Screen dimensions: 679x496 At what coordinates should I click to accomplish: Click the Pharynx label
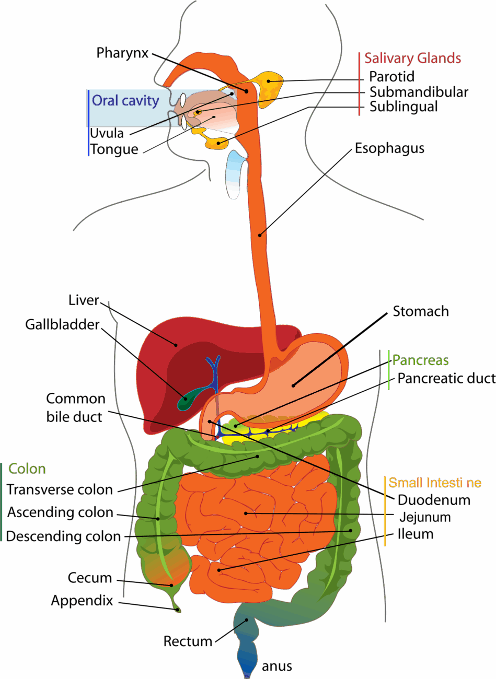(122, 53)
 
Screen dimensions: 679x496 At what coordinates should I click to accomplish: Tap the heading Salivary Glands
(412, 58)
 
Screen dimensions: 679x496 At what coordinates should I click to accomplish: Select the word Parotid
(391, 77)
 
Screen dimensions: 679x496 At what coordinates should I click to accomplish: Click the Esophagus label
(389, 149)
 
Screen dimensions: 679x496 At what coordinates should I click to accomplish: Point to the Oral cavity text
(125, 100)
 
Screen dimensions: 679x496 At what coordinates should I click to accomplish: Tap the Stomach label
(421, 312)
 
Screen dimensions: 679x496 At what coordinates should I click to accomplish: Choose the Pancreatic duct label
(446, 378)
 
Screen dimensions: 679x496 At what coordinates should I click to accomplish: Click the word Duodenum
(434, 500)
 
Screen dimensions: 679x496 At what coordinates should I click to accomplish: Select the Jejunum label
(425, 517)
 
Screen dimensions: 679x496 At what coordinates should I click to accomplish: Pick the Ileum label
(416, 534)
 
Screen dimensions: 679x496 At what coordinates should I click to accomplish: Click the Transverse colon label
(60, 490)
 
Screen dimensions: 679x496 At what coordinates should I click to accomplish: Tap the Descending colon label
(63, 536)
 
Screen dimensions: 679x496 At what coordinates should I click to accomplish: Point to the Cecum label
(90, 578)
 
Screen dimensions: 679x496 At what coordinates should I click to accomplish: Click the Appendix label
(82, 601)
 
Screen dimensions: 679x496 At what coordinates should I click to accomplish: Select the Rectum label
(188, 641)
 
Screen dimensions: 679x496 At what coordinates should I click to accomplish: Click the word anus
(276, 666)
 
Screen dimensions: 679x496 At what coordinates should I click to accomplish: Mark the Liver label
(84, 300)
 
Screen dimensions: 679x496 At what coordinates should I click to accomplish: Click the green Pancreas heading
(420, 360)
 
